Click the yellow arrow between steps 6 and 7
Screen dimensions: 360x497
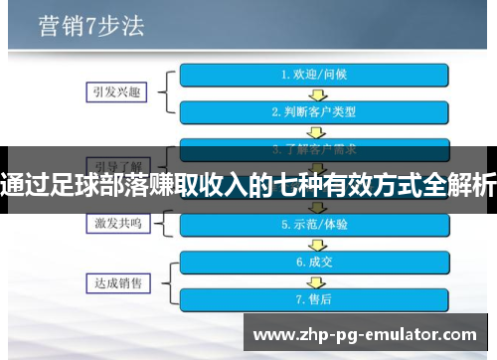pyautogui.click(x=315, y=281)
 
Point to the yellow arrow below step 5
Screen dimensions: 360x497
pyautogui.click(x=315, y=244)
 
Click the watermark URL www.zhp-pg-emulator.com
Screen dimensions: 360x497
pyautogui.click(x=368, y=337)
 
